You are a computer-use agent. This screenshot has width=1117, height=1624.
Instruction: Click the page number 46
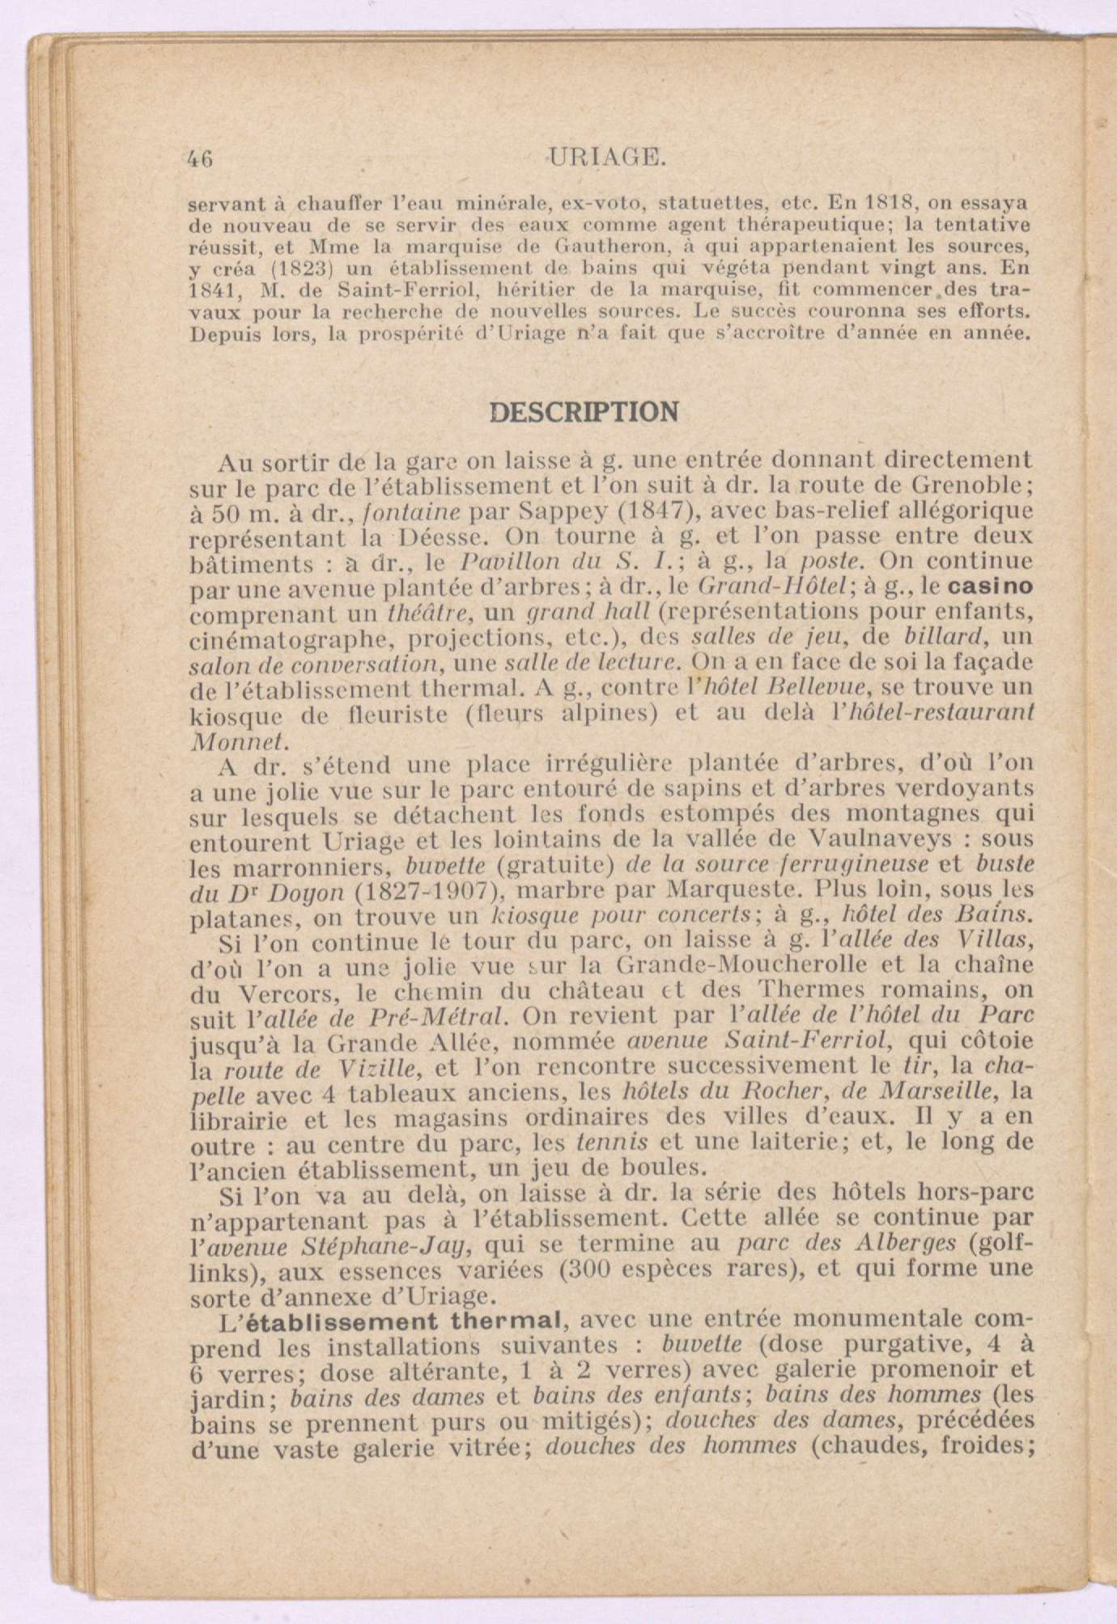point(200,159)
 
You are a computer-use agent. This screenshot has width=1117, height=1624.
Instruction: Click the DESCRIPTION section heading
point(584,413)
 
